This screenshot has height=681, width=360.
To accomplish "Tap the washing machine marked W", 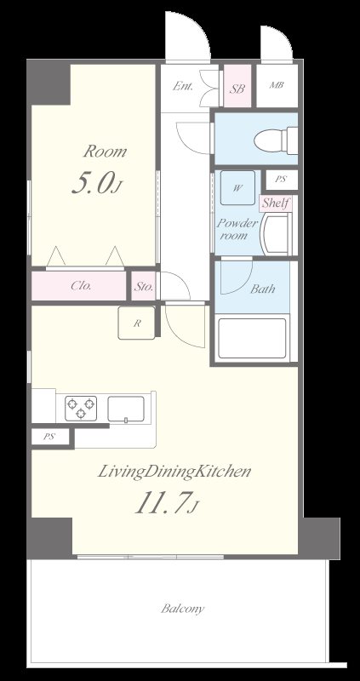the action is tap(237, 187).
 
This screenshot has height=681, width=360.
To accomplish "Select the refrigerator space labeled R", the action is tap(136, 323).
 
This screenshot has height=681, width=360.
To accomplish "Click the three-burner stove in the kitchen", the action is tap(81, 409).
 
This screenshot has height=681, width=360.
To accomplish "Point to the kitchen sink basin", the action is tap(126, 409).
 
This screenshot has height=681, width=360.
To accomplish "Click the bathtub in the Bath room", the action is tap(252, 339).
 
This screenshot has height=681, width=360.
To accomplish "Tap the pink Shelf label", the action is tap(276, 203).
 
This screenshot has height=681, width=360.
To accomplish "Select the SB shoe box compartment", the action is tap(237, 86).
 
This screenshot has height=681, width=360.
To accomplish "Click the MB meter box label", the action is tap(277, 85).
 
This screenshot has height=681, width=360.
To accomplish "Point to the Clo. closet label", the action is tap(81, 286).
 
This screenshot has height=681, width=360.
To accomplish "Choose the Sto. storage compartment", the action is tap(143, 286).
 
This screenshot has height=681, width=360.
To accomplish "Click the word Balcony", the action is tap(182, 609).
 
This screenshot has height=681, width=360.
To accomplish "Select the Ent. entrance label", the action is tap(183, 86).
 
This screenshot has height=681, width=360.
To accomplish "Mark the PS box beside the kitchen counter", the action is tap(50, 437).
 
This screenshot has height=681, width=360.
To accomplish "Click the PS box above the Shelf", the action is tap(282, 180).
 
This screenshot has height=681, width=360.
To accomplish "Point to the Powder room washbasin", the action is tap(276, 233).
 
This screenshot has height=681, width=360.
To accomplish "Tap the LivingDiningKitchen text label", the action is tap(174, 472).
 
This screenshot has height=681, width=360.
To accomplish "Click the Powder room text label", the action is tap(237, 229).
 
